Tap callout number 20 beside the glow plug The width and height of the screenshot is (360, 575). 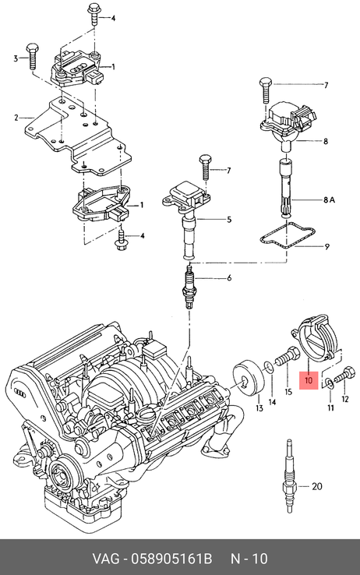(316, 487)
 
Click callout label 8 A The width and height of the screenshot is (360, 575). (329, 200)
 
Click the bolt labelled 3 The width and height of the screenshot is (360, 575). (31, 56)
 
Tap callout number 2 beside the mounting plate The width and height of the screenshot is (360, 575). (16, 118)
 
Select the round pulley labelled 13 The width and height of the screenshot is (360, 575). (249, 381)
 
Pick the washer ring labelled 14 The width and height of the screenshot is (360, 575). (269, 367)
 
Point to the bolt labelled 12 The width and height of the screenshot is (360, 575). (345, 375)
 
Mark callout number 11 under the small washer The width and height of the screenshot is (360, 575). (330, 407)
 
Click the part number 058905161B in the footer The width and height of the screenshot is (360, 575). (171, 559)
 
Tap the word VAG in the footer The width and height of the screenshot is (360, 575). (105, 559)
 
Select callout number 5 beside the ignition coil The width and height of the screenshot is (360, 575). (229, 220)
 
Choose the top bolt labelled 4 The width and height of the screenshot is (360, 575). (93, 14)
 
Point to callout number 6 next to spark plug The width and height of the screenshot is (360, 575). (229, 278)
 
